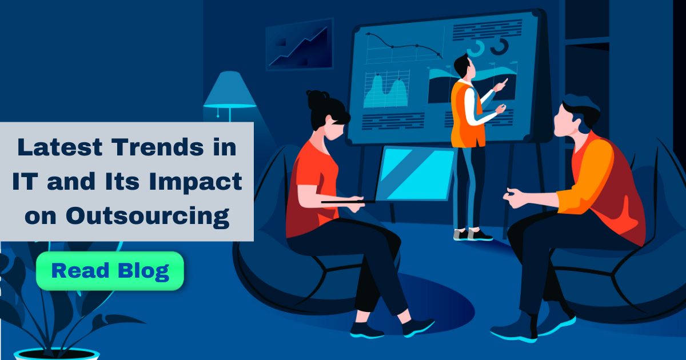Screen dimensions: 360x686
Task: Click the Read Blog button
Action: coord(110,271)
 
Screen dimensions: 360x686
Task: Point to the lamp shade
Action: coord(230,90)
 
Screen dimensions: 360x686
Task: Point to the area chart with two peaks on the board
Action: coord(387,91)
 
